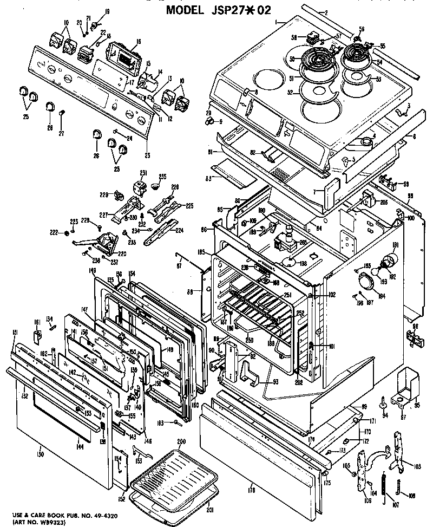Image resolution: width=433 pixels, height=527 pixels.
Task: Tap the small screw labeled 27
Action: tap(62, 113)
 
